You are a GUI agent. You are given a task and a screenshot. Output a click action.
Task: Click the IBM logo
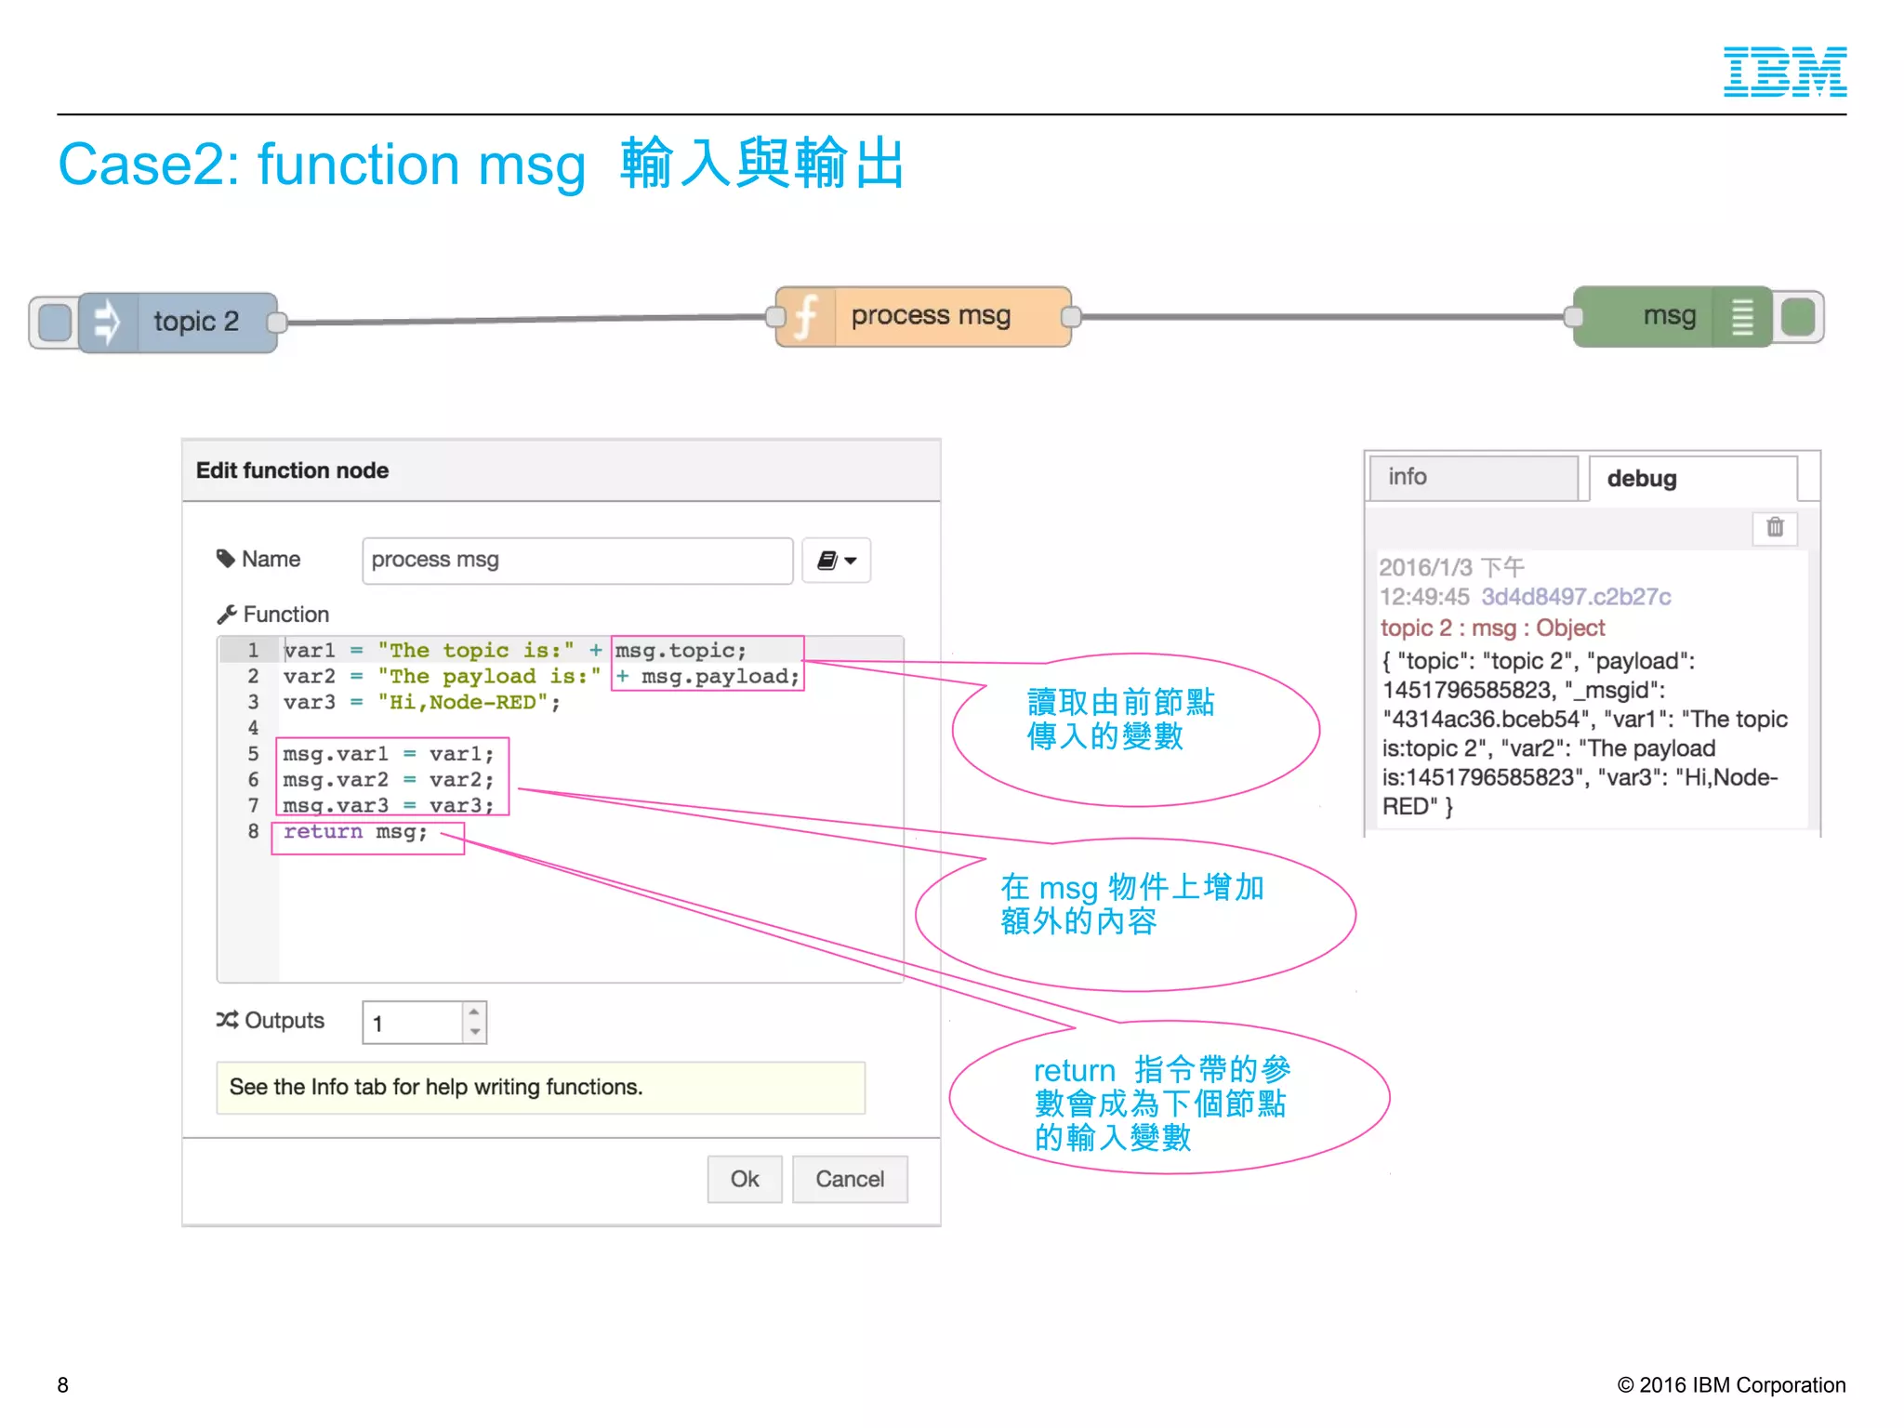tap(1784, 72)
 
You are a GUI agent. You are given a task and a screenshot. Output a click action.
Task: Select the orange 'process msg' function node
tap(923, 317)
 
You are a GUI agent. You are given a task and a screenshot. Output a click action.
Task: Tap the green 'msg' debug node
tap(1670, 317)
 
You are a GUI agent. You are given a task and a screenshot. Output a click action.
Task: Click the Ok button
tap(744, 1179)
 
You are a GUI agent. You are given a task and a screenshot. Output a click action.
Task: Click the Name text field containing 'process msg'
tap(576, 561)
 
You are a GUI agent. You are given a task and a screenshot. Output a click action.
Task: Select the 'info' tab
tap(1473, 478)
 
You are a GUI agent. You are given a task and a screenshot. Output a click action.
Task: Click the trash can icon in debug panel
tap(1775, 527)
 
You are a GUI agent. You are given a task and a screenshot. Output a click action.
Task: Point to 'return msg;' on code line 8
tap(355, 832)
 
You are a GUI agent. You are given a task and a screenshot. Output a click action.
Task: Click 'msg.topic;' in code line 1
tap(681, 651)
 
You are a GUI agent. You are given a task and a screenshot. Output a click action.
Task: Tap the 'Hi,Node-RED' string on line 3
tap(462, 703)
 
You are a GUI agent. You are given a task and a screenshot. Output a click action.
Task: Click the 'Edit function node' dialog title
tap(292, 470)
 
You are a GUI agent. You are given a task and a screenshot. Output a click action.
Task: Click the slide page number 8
tap(63, 1385)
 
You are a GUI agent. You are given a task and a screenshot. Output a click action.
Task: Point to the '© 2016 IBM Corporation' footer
tap(1731, 1385)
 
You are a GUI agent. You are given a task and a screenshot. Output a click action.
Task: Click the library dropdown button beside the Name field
tap(836, 561)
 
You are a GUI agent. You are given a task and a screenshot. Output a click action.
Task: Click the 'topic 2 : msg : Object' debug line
tap(1492, 628)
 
